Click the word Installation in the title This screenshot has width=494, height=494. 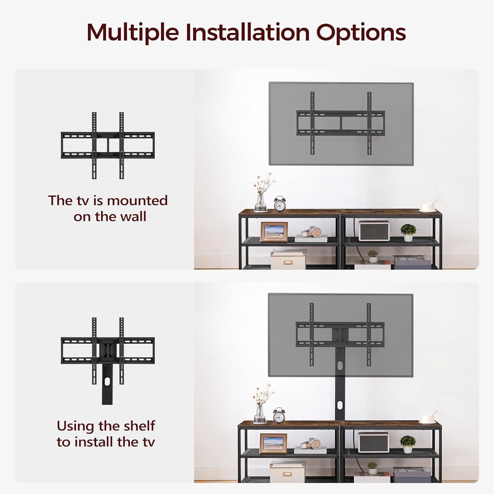point(247,33)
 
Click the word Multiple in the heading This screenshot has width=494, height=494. point(132,33)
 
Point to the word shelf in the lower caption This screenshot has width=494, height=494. point(139,426)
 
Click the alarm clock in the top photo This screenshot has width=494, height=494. point(280,204)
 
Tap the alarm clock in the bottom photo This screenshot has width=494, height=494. point(279,416)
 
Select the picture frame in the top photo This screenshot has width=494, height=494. point(274,232)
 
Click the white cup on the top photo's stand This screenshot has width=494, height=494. point(427,207)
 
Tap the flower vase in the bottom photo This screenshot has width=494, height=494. point(260,412)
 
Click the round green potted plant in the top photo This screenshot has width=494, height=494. point(408,232)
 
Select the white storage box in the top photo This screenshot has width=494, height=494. point(288,260)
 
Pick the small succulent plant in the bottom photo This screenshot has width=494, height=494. point(372,468)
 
